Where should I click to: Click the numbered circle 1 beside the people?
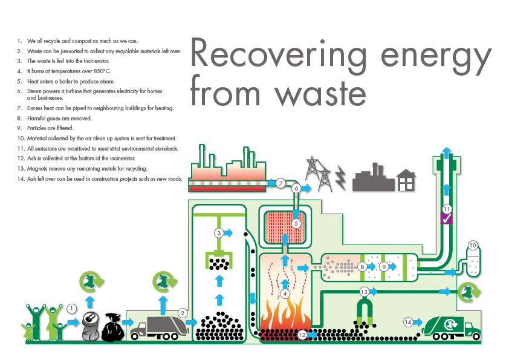[71, 309]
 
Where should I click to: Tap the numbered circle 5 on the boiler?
[296, 223]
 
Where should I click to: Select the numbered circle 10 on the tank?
[473, 246]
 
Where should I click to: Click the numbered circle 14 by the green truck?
[408, 322]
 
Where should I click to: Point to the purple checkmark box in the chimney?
[447, 218]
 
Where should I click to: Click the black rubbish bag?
[112, 327]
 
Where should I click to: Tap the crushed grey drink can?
[90, 326]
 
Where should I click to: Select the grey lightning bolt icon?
[340, 177]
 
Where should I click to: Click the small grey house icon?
[406, 180]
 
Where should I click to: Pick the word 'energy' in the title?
[436, 56]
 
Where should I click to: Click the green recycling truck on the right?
[452, 328]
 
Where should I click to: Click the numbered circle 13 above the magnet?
[364, 292]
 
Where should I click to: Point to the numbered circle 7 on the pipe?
[280, 183]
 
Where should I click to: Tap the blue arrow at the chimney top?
[447, 152]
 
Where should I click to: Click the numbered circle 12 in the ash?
[302, 335]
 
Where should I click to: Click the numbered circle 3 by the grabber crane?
[219, 233]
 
